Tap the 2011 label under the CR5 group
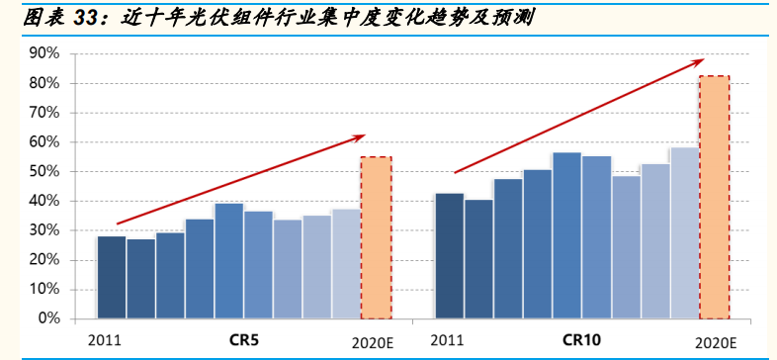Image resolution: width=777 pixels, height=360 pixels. click(107, 341)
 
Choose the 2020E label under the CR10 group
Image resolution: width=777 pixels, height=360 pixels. click(716, 342)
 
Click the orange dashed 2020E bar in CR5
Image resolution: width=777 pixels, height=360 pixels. click(376, 237)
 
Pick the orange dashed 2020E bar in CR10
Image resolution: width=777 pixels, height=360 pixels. click(715, 198)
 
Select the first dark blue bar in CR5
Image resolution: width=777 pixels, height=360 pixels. click(112, 277)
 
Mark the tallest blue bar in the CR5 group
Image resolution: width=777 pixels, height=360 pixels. click(229, 261)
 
